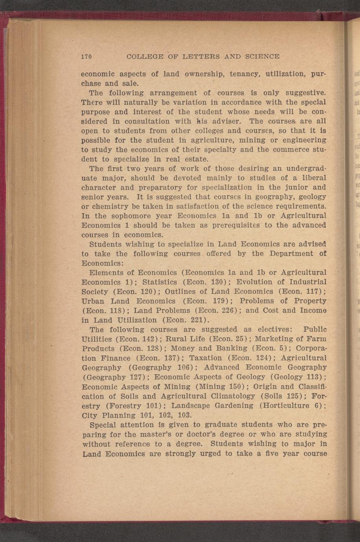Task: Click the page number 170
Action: [x=86, y=57]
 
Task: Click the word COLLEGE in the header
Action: [x=145, y=57]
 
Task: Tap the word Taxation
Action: [x=206, y=358]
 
